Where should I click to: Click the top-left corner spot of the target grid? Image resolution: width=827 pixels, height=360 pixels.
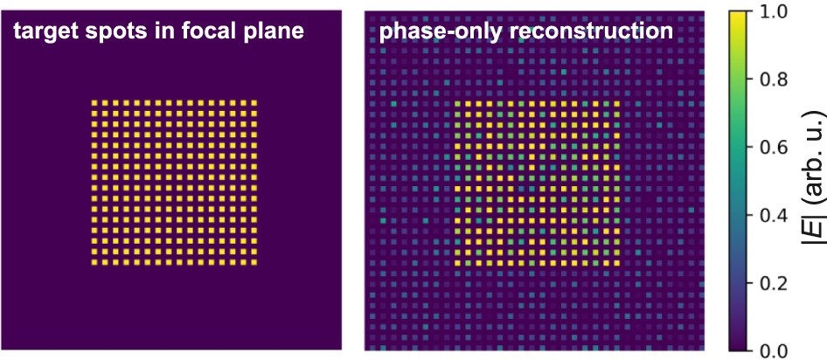pos(95,103)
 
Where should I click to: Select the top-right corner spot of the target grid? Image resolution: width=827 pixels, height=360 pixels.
pos(254,103)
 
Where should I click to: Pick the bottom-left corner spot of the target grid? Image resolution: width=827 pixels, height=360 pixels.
pos(95,262)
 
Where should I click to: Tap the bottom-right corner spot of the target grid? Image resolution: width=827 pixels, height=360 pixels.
pos(254,262)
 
